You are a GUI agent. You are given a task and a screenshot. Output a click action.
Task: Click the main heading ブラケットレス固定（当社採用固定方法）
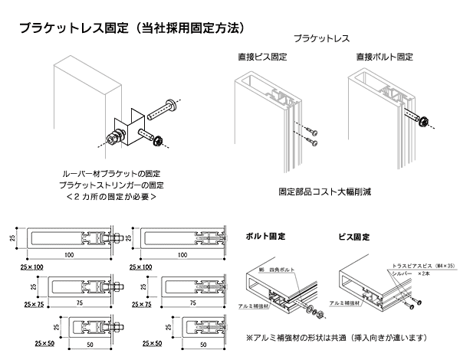(x=132, y=28)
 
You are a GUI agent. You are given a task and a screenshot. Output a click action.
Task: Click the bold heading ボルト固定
(x=264, y=237)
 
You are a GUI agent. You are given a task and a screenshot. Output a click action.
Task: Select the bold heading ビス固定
(x=354, y=237)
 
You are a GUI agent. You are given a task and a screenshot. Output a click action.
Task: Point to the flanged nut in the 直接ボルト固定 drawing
(x=424, y=119)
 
